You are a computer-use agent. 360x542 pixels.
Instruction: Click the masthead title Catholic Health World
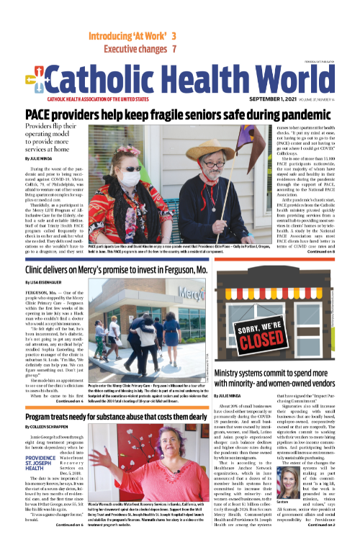192,81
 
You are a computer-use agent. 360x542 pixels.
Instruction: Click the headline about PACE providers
180,114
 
